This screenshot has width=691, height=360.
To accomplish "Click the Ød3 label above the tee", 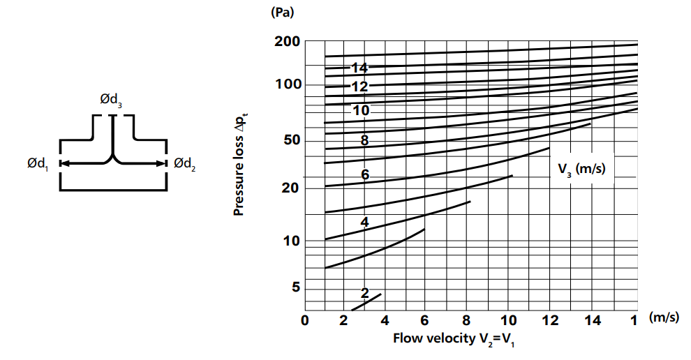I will point(112,102).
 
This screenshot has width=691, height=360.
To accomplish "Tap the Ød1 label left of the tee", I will point(39,164).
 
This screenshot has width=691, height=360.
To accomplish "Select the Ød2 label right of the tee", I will point(184,164).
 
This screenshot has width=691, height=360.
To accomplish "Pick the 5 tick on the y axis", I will point(295,287).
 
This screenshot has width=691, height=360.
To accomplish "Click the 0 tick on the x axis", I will point(304,321).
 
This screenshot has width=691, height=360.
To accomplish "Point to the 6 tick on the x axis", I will point(424,321).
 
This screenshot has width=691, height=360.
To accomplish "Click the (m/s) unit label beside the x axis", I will point(663,318).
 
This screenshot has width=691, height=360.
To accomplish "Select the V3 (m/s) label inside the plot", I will point(581,169).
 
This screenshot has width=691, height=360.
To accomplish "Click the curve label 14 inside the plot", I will point(359,68).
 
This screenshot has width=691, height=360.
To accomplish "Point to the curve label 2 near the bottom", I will point(364,293).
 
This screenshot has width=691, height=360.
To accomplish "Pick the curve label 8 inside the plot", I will point(364,141).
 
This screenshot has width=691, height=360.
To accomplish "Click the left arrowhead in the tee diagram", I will point(64,164).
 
